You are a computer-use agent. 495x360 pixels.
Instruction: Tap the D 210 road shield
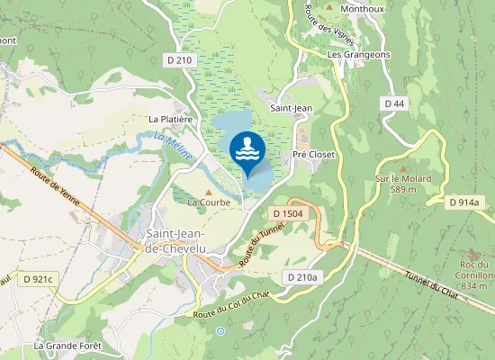pos(180,60)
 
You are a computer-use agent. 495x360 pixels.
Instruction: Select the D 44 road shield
pos(394,104)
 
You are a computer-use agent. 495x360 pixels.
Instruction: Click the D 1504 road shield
pos(287,213)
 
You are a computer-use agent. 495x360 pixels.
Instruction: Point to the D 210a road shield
pos(301,276)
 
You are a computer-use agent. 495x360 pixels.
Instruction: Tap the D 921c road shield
pos(40,280)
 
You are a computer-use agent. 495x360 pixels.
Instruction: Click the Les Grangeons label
pos(359,54)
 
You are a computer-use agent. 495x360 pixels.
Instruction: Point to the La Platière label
pos(171,119)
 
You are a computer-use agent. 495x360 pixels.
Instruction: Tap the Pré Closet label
pos(314,155)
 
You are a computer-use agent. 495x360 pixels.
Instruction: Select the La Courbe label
pos(209,202)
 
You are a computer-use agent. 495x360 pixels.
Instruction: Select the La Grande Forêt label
pos(68,346)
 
